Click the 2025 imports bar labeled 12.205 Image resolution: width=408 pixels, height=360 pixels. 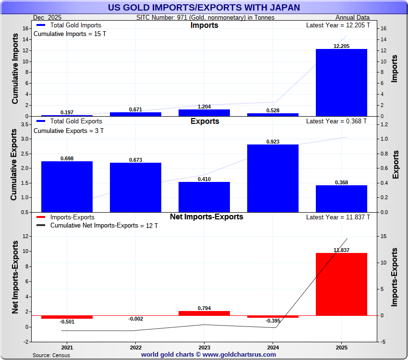[341, 83]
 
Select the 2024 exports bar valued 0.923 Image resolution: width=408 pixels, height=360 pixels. [273, 178]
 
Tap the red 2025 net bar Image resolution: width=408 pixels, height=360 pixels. [341, 284]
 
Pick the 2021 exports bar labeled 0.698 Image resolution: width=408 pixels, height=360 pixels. [67, 186]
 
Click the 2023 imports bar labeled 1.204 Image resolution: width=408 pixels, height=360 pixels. [204, 113]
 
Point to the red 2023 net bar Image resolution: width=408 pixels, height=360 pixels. [204, 313]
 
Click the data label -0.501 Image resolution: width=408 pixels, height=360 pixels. [67, 322]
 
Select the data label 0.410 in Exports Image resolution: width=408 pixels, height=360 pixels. [204, 179]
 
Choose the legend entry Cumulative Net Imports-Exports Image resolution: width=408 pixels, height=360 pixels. [104, 226]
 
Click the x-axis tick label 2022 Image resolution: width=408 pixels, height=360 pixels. [135, 347]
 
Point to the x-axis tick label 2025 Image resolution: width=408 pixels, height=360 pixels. [341, 347]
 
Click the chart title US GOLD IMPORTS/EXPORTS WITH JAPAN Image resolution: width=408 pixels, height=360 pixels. [204, 7]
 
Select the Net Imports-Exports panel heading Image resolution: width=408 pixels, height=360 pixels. [206, 217]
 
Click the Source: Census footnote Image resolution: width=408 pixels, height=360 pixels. [51, 355]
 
